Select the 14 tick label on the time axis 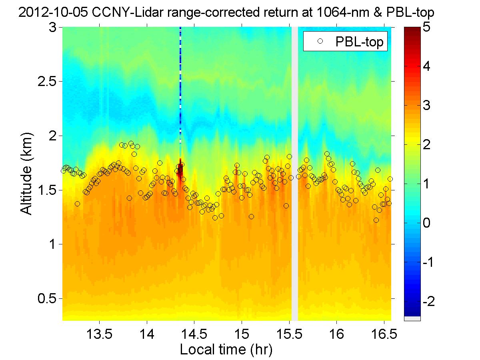(147, 334)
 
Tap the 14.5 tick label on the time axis (194, 334)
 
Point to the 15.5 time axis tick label (289, 334)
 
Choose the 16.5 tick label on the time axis (384, 334)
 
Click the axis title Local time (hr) (226, 350)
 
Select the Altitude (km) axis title (27, 174)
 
